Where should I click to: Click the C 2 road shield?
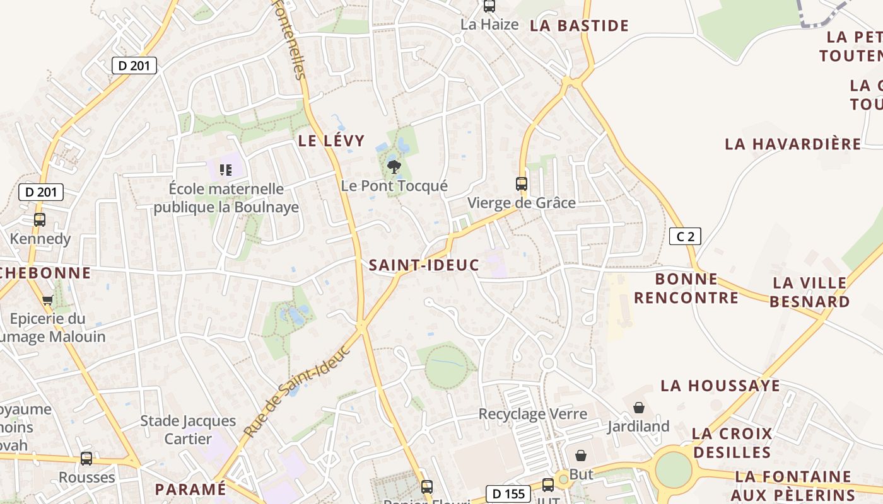tap(685, 237)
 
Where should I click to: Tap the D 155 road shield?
tap(508, 494)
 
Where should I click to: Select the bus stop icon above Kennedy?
tap(40, 220)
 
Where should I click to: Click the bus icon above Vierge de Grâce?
tap(522, 184)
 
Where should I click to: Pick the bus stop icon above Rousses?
tap(86, 459)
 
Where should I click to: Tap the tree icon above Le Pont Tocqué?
tap(394, 167)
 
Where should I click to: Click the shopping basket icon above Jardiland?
tap(639, 408)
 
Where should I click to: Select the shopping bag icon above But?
tap(581, 455)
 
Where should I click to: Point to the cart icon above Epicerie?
tap(47, 300)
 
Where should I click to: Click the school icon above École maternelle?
tap(226, 169)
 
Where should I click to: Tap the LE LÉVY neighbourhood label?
tap(331, 141)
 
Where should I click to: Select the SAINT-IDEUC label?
tap(424, 265)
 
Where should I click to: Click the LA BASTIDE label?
tap(579, 26)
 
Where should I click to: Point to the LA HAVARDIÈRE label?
tap(793, 144)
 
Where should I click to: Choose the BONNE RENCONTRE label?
tap(686, 288)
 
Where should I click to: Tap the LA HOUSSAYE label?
tap(720, 386)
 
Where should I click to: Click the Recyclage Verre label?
tap(533, 414)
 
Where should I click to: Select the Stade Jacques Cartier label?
tap(188, 429)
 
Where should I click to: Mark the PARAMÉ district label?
tap(190, 489)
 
